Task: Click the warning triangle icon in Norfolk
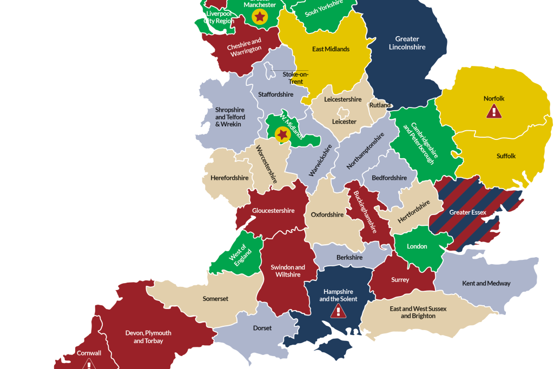point(493,111)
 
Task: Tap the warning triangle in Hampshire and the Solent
point(338,311)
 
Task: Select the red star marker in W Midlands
point(282,134)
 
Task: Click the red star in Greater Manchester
point(260,17)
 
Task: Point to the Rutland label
point(380,105)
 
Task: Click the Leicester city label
point(344,122)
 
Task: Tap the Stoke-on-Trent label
point(295,78)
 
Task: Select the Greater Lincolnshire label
point(407,43)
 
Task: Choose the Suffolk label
point(506,156)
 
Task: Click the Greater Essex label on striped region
point(467,212)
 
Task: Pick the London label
point(417,246)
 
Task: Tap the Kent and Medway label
point(486,283)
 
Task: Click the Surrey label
point(400,280)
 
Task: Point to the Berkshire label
point(349,258)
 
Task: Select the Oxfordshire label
point(327,214)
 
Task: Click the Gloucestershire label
point(273,211)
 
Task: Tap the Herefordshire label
point(229,178)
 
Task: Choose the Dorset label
point(262,328)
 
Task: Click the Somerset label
point(215,299)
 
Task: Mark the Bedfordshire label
point(389,178)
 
